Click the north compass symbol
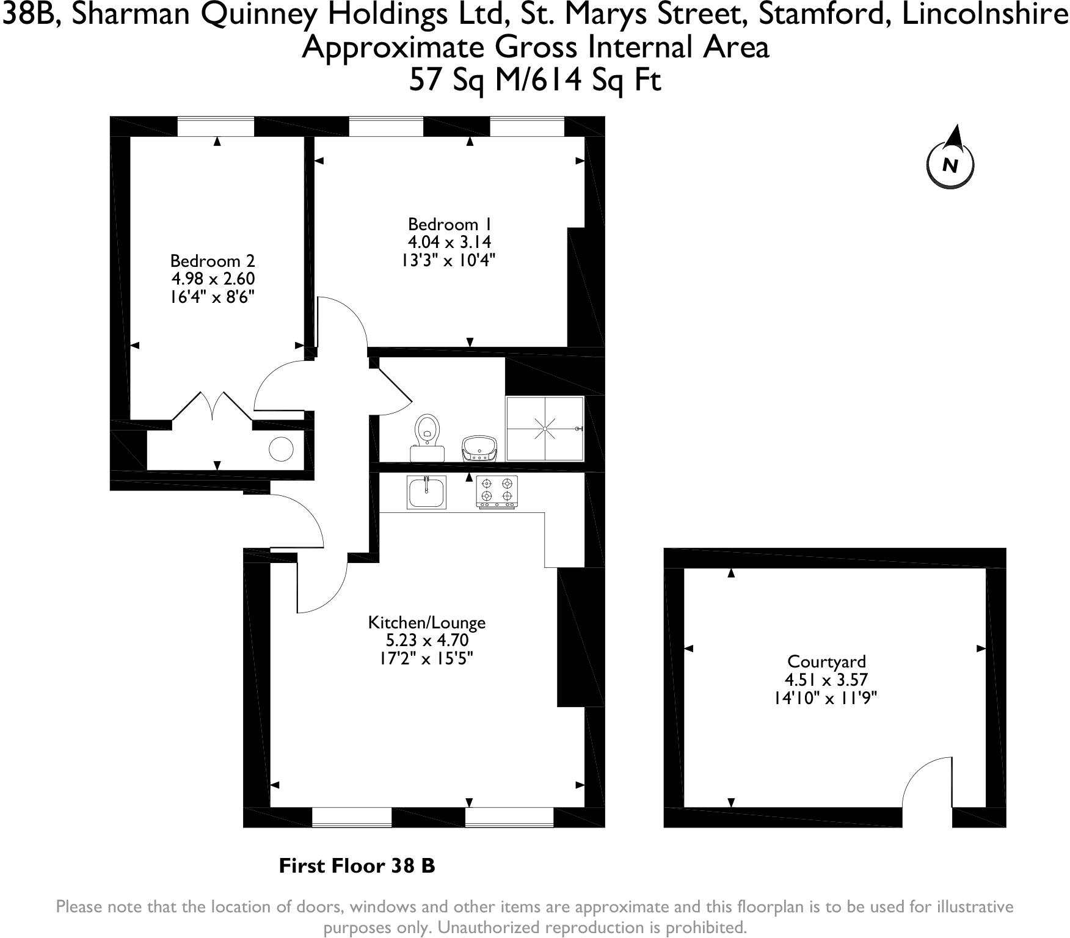[950, 163]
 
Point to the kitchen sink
[426, 492]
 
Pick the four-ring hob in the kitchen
[497, 492]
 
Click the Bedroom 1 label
[449, 224]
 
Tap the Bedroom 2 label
[212, 261]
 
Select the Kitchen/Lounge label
[426, 622]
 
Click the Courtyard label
[826, 661]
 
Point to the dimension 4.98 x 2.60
[212, 279]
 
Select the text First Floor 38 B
[357, 865]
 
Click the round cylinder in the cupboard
[282, 450]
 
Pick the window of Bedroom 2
[216, 127]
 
